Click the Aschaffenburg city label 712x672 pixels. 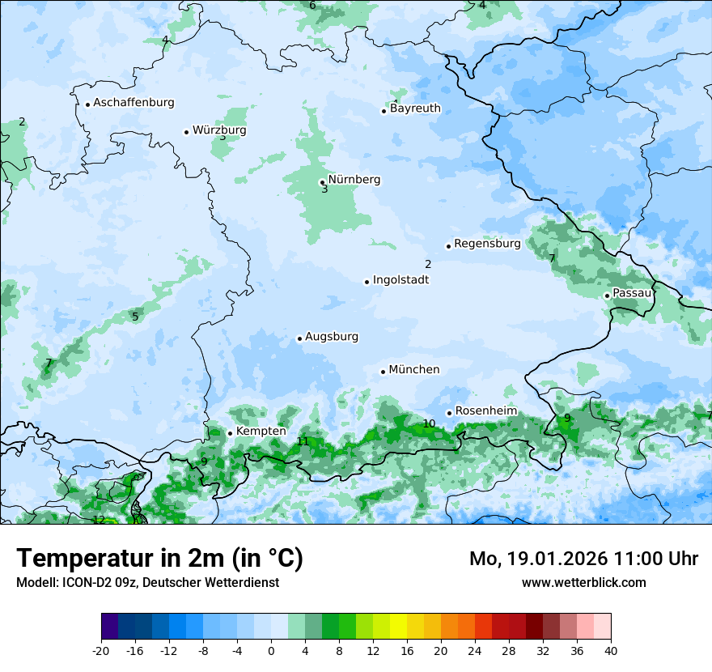[x=133, y=103]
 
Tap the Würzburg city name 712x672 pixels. [x=219, y=130]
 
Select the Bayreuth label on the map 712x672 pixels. [x=415, y=108]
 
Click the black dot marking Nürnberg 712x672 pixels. [x=322, y=182]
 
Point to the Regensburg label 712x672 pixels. [x=487, y=244]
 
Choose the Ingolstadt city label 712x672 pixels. [x=400, y=280]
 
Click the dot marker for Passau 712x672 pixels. [x=607, y=296]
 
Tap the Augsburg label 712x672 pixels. [x=332, y=337]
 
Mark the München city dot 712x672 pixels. [x=384, y=372]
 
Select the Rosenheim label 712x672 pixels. [x=485, y=411]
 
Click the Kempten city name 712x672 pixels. [x=261, y=432]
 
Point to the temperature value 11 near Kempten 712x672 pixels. [x=303, y=441]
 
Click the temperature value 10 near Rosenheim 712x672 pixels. [x=429, y=423]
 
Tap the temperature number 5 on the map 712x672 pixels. [x=135, y=317]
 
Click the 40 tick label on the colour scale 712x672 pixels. [x=610, y=650]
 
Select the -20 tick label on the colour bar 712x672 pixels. [x=100, y=650]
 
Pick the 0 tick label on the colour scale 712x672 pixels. [x=271, y=650]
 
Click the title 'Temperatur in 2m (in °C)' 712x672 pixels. [x=160, y=558]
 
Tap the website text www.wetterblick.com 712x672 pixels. [x=583, y=582]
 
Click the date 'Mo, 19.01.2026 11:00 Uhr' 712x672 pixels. [x=583, y=559]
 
